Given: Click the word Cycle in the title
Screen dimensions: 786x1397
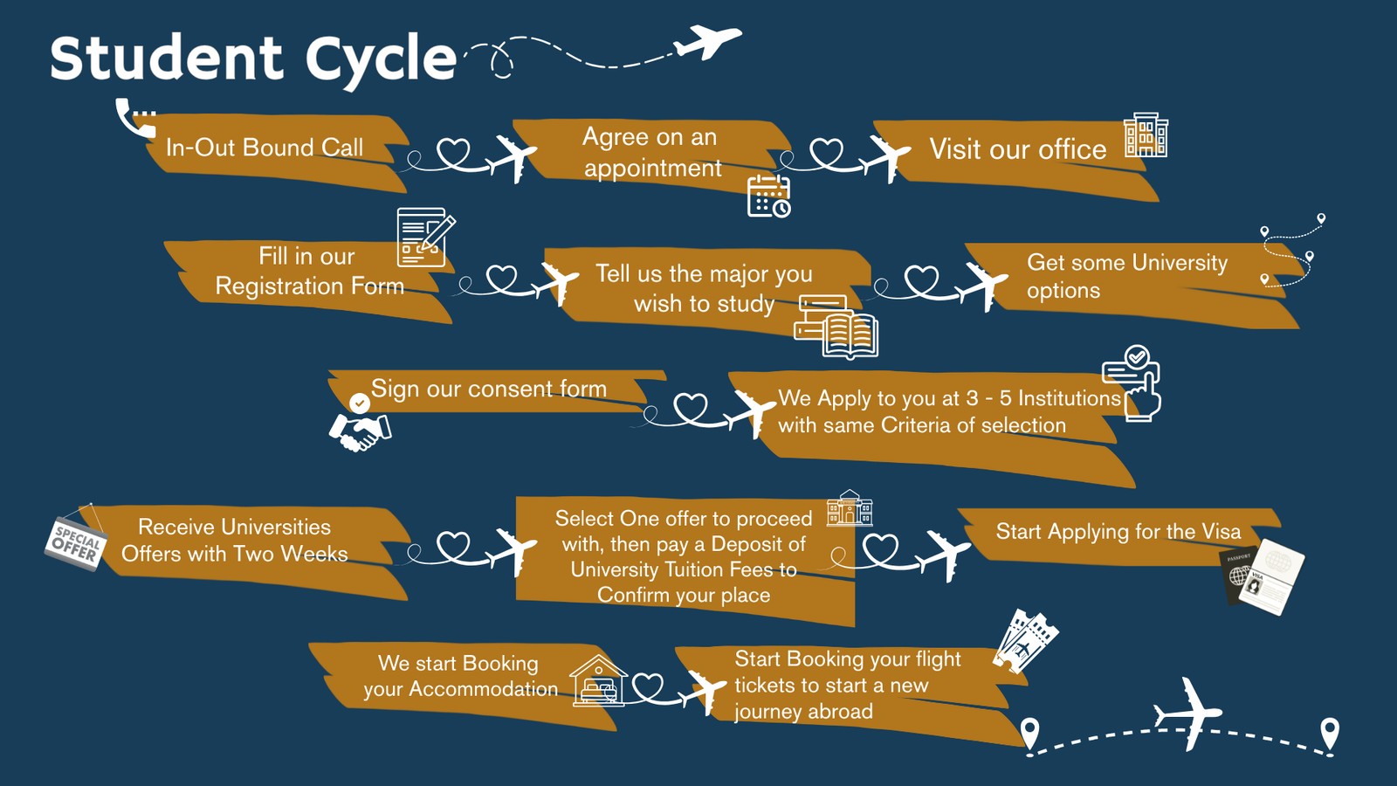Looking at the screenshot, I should point(381,59).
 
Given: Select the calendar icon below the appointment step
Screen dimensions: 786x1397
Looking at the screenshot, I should point(768,196).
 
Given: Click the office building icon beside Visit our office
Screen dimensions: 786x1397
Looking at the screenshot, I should point(1146,135).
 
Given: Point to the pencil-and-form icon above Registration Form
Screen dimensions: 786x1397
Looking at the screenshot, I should point(424,237).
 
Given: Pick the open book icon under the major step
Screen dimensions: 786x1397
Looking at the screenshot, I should point(849,334).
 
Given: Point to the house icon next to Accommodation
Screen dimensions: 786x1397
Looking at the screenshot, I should point(598,680).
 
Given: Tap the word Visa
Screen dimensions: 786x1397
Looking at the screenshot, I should point(1221,532).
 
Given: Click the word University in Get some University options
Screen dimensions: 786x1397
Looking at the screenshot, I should point(1180,263).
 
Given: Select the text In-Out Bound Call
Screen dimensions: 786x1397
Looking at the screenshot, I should point(265,148).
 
